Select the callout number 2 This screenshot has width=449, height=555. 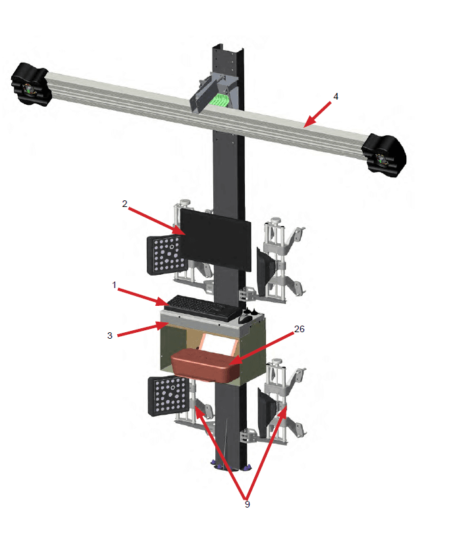(x=124, y=204)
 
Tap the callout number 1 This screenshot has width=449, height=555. (x=114, y=285)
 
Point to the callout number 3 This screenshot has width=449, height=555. (x=110, y=335)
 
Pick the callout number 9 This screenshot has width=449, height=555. (x=247, y=504)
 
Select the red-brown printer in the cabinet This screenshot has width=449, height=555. (x=204, y=364)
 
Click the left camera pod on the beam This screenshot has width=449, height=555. (x=30, y=83)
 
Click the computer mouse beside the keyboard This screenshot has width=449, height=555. (x=244, y=319)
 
